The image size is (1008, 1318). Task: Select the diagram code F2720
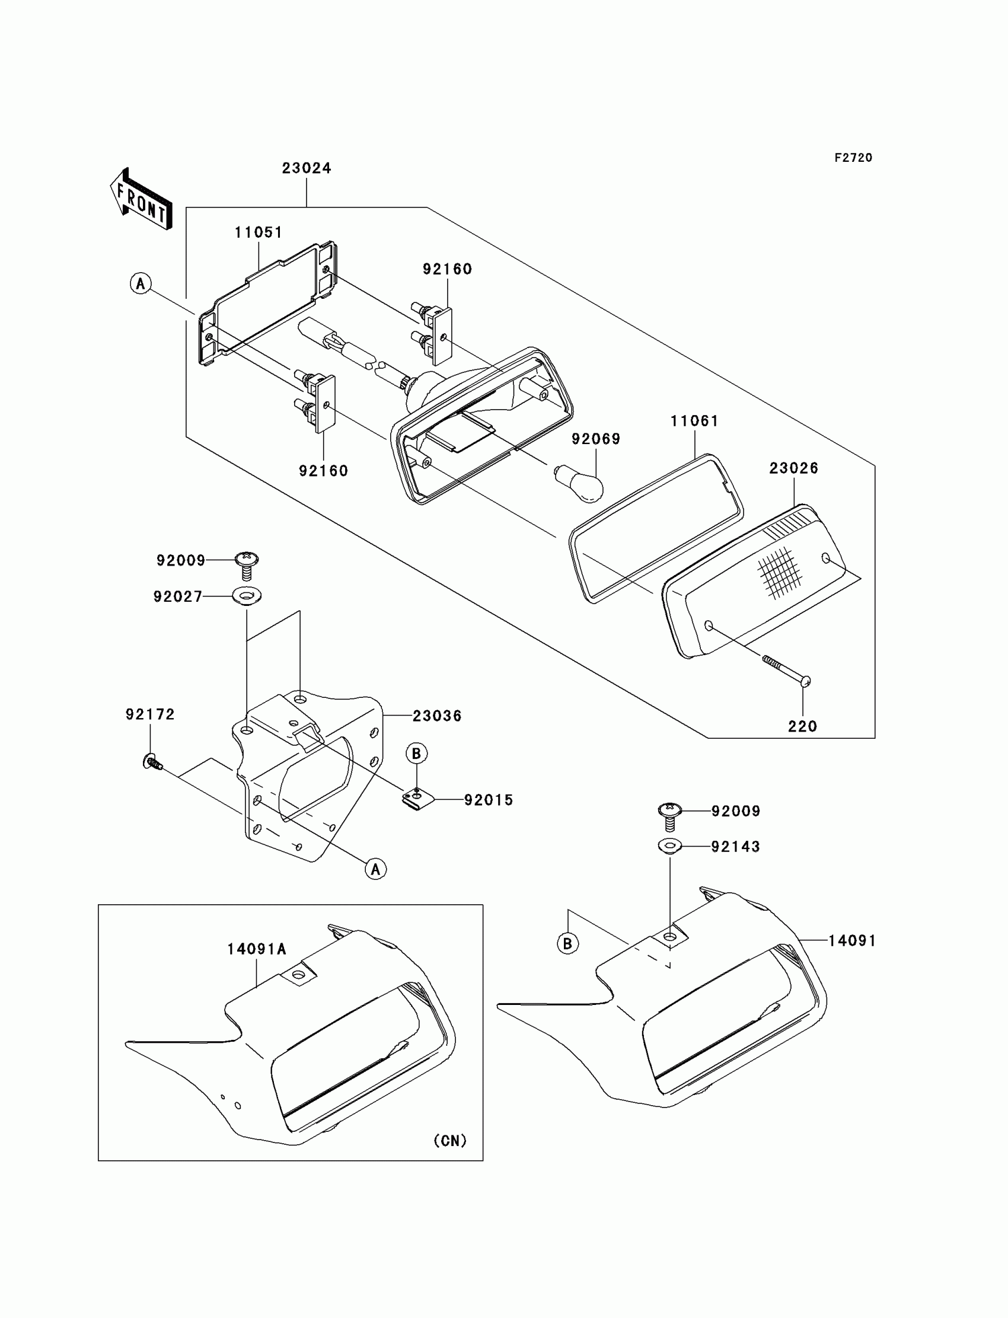[853, 158]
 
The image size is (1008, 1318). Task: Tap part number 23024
[307, 168]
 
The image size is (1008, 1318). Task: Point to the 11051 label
[258, 233]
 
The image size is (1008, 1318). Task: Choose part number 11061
[694, 421]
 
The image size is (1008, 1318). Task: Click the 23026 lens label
[794, 468]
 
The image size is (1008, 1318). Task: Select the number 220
[802, 726]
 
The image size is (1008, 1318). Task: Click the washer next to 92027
[247, 596]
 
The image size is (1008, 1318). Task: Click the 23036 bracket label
[437, 716]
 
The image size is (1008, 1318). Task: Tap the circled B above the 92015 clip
[416, 753]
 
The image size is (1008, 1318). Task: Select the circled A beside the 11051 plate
[141, 283]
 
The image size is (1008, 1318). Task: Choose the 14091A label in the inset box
[256, 949]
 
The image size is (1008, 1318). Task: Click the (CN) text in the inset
[450, 1140]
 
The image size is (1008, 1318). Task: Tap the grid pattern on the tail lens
[779, 572]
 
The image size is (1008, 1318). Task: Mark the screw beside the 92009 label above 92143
[670, 815]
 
